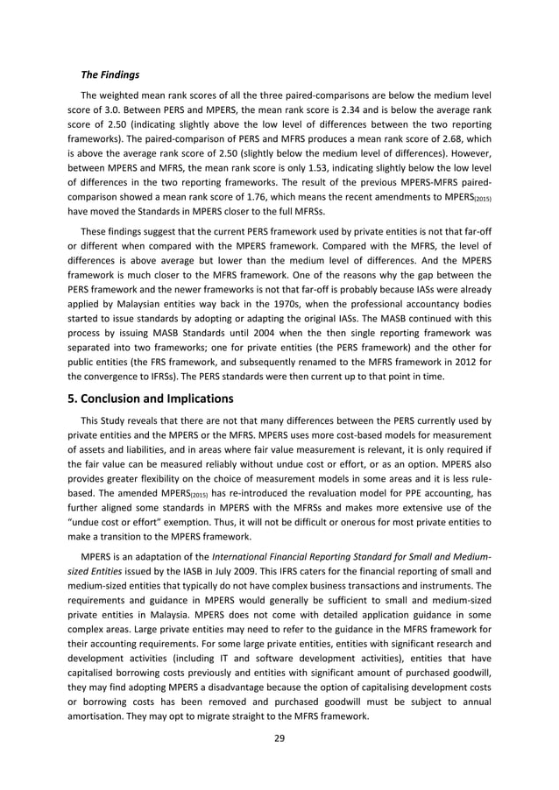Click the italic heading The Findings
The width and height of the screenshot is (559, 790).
pos(110,75)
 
